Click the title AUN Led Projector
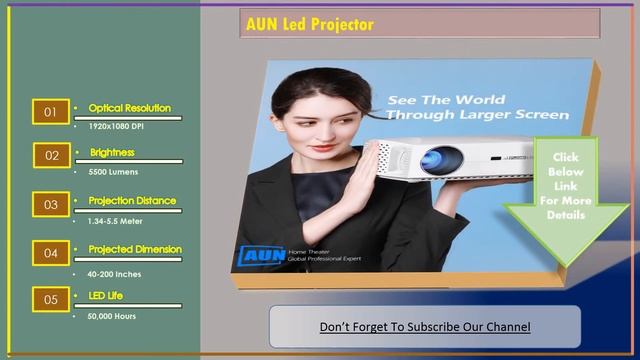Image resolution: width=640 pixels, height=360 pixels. [309, 24]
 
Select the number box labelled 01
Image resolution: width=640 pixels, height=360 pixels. [50, 112]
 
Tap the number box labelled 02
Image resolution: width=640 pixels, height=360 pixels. [50, 156]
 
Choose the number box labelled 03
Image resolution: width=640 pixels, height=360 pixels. [50, 204]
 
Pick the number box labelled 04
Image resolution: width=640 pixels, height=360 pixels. [50, 253]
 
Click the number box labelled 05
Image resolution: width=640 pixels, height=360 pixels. [50, 299]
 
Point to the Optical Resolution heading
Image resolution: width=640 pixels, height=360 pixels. [129, 108]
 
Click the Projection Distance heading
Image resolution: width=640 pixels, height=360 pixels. [132, 201]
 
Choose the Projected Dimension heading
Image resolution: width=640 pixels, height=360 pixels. [135, 249]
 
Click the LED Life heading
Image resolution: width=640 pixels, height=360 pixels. [105, 296]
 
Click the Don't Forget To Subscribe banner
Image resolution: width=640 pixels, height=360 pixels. [425, 327]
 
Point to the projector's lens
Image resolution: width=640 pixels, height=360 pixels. [438, 157]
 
